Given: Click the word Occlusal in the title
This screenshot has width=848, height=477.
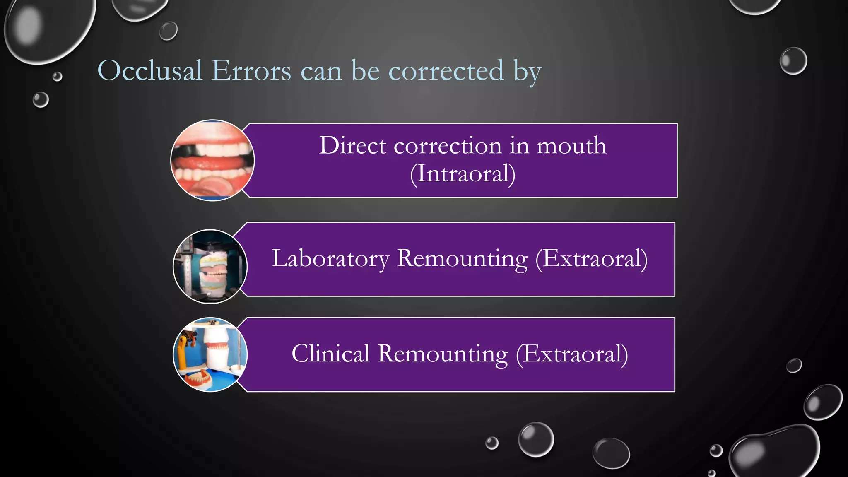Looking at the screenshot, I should coord(150,70).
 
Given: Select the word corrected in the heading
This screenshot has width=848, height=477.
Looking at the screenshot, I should coord(446,70).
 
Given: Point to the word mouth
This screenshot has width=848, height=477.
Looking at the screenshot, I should coord(571,146).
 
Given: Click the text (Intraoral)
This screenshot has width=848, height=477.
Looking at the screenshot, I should coord(463,173).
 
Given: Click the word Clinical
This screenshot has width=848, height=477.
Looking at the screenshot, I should coord(330,354).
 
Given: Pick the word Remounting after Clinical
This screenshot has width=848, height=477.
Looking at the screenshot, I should coord(443,354).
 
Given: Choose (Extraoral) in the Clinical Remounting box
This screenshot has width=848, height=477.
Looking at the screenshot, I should coord(572,354).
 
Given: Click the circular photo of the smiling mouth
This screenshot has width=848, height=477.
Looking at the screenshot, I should coord(212,160).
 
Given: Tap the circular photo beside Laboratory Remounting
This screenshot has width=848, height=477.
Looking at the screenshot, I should coord(210,266).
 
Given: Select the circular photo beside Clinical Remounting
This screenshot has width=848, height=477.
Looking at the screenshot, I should coord(210,354).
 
